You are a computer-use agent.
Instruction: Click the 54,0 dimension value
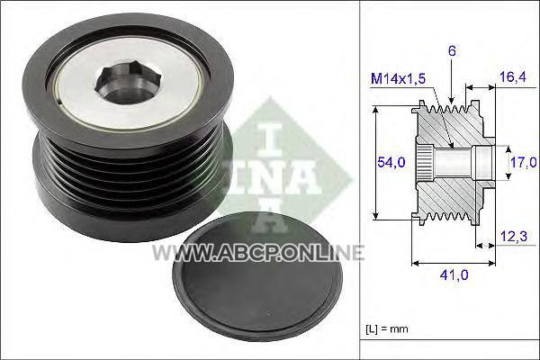[391, 162]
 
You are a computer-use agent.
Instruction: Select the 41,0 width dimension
[454, 274]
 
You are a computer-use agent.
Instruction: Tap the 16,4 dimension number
[513, 77]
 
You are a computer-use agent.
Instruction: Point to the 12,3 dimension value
[514, 237]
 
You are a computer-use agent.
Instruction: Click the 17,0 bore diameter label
[524, 162]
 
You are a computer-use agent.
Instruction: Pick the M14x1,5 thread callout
[398, 79]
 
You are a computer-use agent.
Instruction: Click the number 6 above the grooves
[452, 51]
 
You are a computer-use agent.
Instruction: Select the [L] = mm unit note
[386, 329]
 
